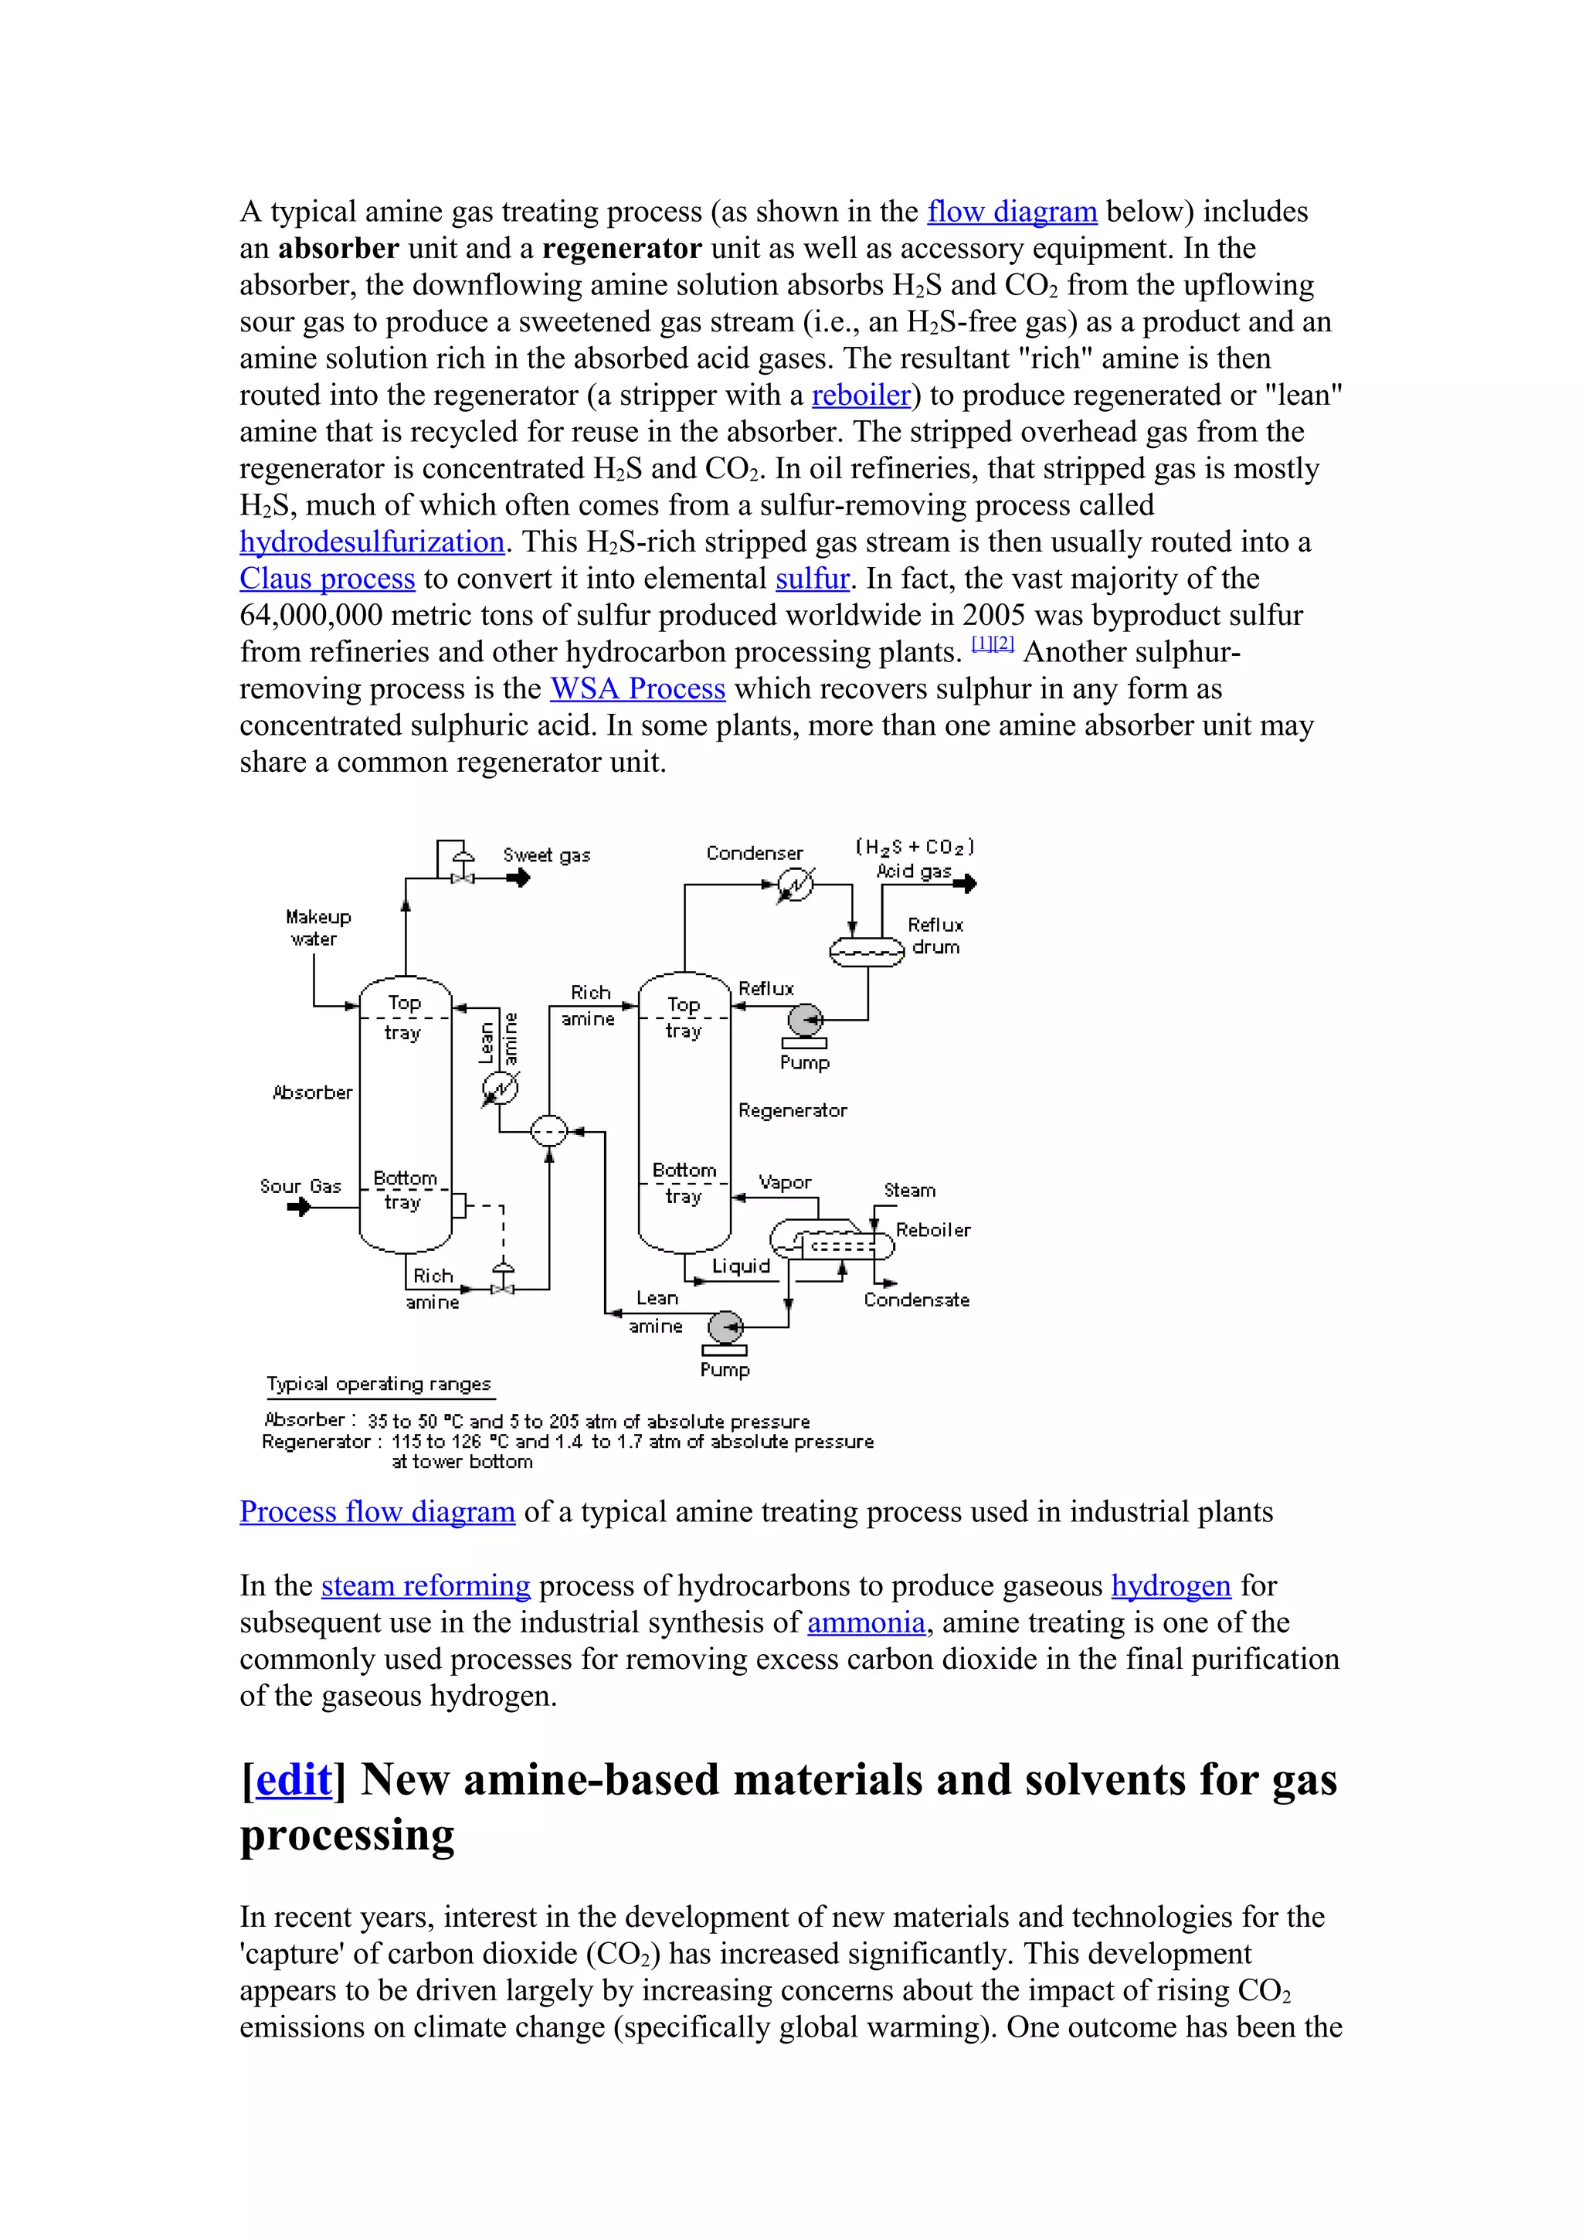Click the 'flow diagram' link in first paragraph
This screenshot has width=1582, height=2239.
pyautogui.click(x=1012, y=212)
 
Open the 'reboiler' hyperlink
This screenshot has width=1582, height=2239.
pyautogui.click(x=861, y=395)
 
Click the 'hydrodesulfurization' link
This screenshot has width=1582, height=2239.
pyautogui.click(x=372, y=542)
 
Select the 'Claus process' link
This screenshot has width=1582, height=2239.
pyautogui.click(x=327, y=578)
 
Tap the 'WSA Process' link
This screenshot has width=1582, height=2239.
pyautogui.click(x=637, y=688)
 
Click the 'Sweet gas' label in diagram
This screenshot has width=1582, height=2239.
pyautogui.click(x=546, y=855)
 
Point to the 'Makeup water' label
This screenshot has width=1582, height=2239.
pyautogui.click(x=317, y=927)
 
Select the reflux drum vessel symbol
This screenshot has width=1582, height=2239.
pyautogui.click(x=867, y=951)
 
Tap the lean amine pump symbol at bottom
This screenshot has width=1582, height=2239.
pyautogui.click(x=725, y=1327)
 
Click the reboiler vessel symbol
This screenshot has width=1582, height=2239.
pyautogui.click(x=830, y=1242)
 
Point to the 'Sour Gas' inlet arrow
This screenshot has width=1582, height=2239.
pyautogui.click(x=299, y=1208)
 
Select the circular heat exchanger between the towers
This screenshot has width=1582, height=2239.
pyautogui.click(x=548, y=1131)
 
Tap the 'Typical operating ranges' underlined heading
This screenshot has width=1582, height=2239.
pyautogui.click(x=379, y=1384)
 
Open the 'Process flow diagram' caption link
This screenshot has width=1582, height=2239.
pyautogui.click(x=377, y=1511)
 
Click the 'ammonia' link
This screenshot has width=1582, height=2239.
pyautogui.click(x=866, y=1622)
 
